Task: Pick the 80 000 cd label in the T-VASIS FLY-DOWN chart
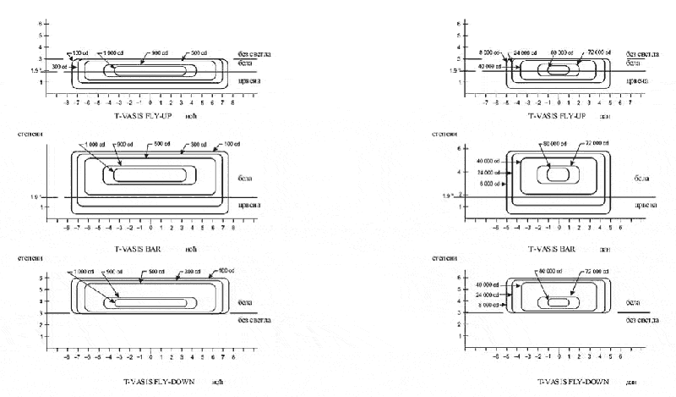pyautogui.click(x=551, y=271)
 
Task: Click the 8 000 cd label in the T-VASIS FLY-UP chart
pyautogui.click(x=491, y=52)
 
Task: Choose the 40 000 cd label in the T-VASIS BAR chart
pyautogui.click(x=490, y=161)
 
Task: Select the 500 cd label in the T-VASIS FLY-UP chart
pyautogui.click(x=199, y=52)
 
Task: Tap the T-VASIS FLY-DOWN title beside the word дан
pyautogui.click(x=563, y=383)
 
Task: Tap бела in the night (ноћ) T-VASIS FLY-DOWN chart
pyautogui.click(x=245, y=302)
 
